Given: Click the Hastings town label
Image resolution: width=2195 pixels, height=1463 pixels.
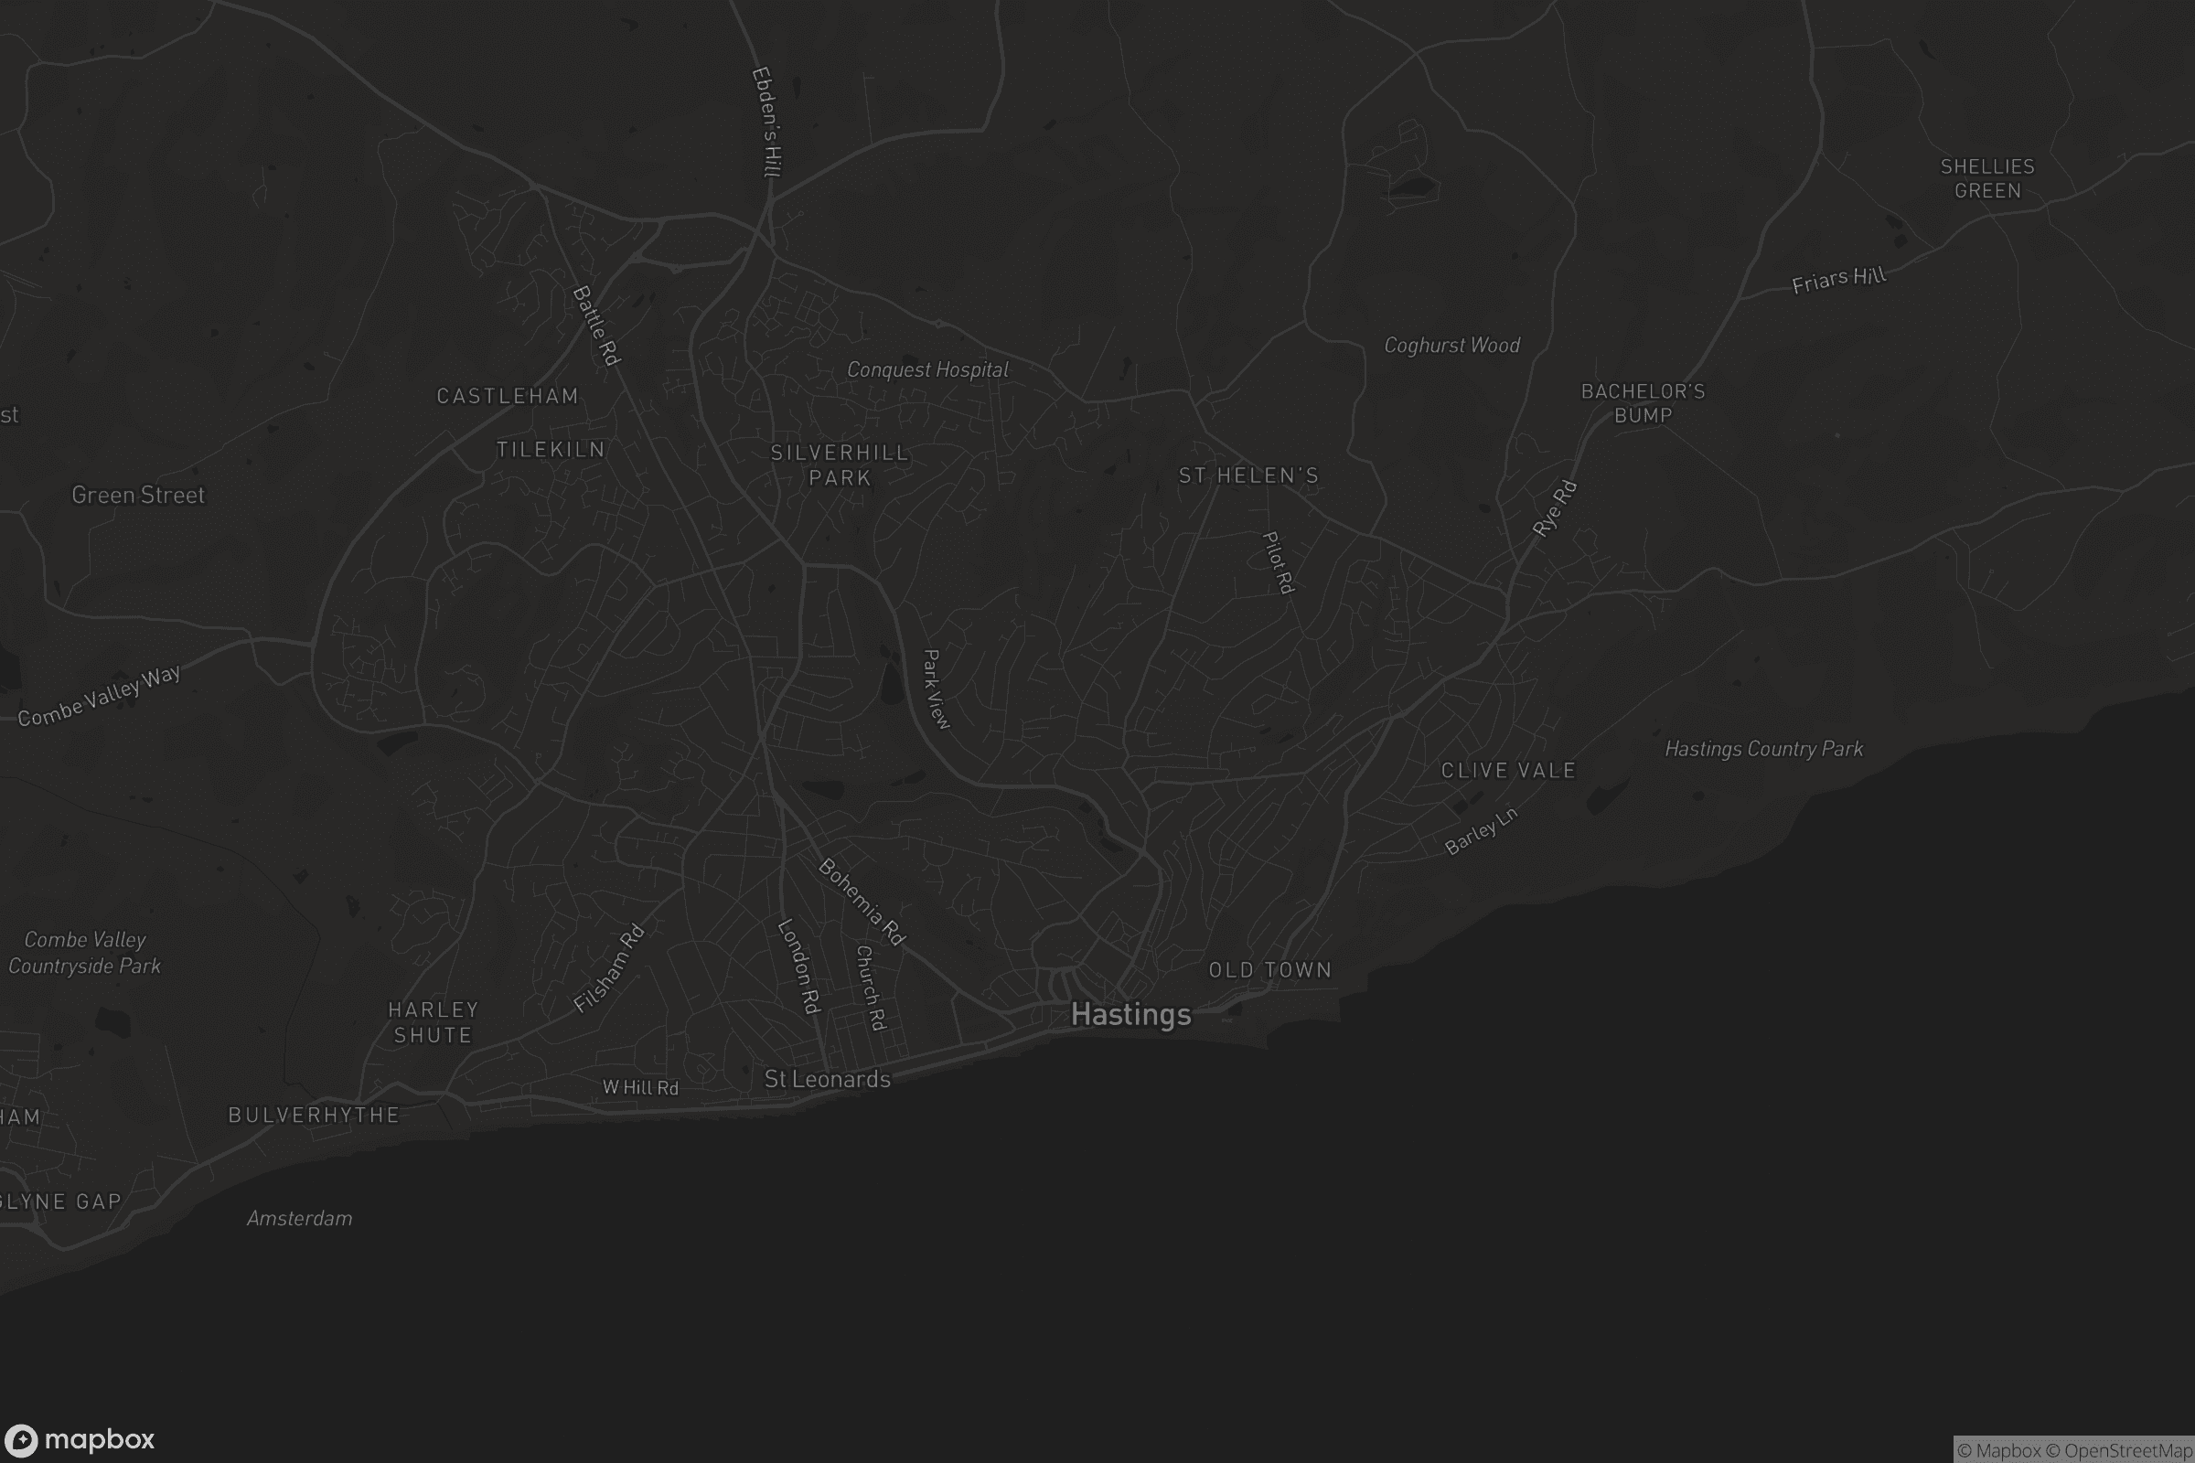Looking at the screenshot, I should click(1131, 1014).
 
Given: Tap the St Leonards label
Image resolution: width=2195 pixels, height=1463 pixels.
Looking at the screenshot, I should click(827, 1080).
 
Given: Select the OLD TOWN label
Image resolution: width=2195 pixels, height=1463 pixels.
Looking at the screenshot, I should click(1269, 970).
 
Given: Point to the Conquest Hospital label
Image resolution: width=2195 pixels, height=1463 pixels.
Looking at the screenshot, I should click(927, 369).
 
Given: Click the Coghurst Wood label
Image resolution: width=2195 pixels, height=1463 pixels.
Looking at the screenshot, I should click(1451, 346).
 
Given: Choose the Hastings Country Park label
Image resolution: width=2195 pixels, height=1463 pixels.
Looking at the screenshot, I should click(1764, 748).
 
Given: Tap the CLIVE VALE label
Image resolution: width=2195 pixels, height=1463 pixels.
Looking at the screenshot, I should click(1508, 771).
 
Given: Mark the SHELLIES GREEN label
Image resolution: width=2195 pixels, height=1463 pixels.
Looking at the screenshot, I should click(1986, 178).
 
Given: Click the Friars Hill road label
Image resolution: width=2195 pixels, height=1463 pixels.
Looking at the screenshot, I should click(1838, 280).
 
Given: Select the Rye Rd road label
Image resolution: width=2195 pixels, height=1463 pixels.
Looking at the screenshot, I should click(1554, 508).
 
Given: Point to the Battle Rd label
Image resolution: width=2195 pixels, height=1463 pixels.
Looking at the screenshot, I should click(596, 326).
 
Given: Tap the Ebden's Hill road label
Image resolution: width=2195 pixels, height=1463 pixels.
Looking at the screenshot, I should click(767, 122).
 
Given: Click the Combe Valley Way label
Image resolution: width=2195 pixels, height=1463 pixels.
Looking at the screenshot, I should click(99, 695).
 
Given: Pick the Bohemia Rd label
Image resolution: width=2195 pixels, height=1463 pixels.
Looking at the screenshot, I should click(862, 902).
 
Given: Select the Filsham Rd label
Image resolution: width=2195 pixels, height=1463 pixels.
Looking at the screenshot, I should click(608, 967).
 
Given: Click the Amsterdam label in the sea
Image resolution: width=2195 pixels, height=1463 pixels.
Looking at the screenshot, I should click(300, 1219).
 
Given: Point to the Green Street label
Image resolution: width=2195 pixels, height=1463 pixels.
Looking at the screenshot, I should click(138, 496).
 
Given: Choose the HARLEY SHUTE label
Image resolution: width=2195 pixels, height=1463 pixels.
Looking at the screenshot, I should click(433, 1022).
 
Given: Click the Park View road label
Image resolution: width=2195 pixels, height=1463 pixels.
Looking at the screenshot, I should click(935, 689).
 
